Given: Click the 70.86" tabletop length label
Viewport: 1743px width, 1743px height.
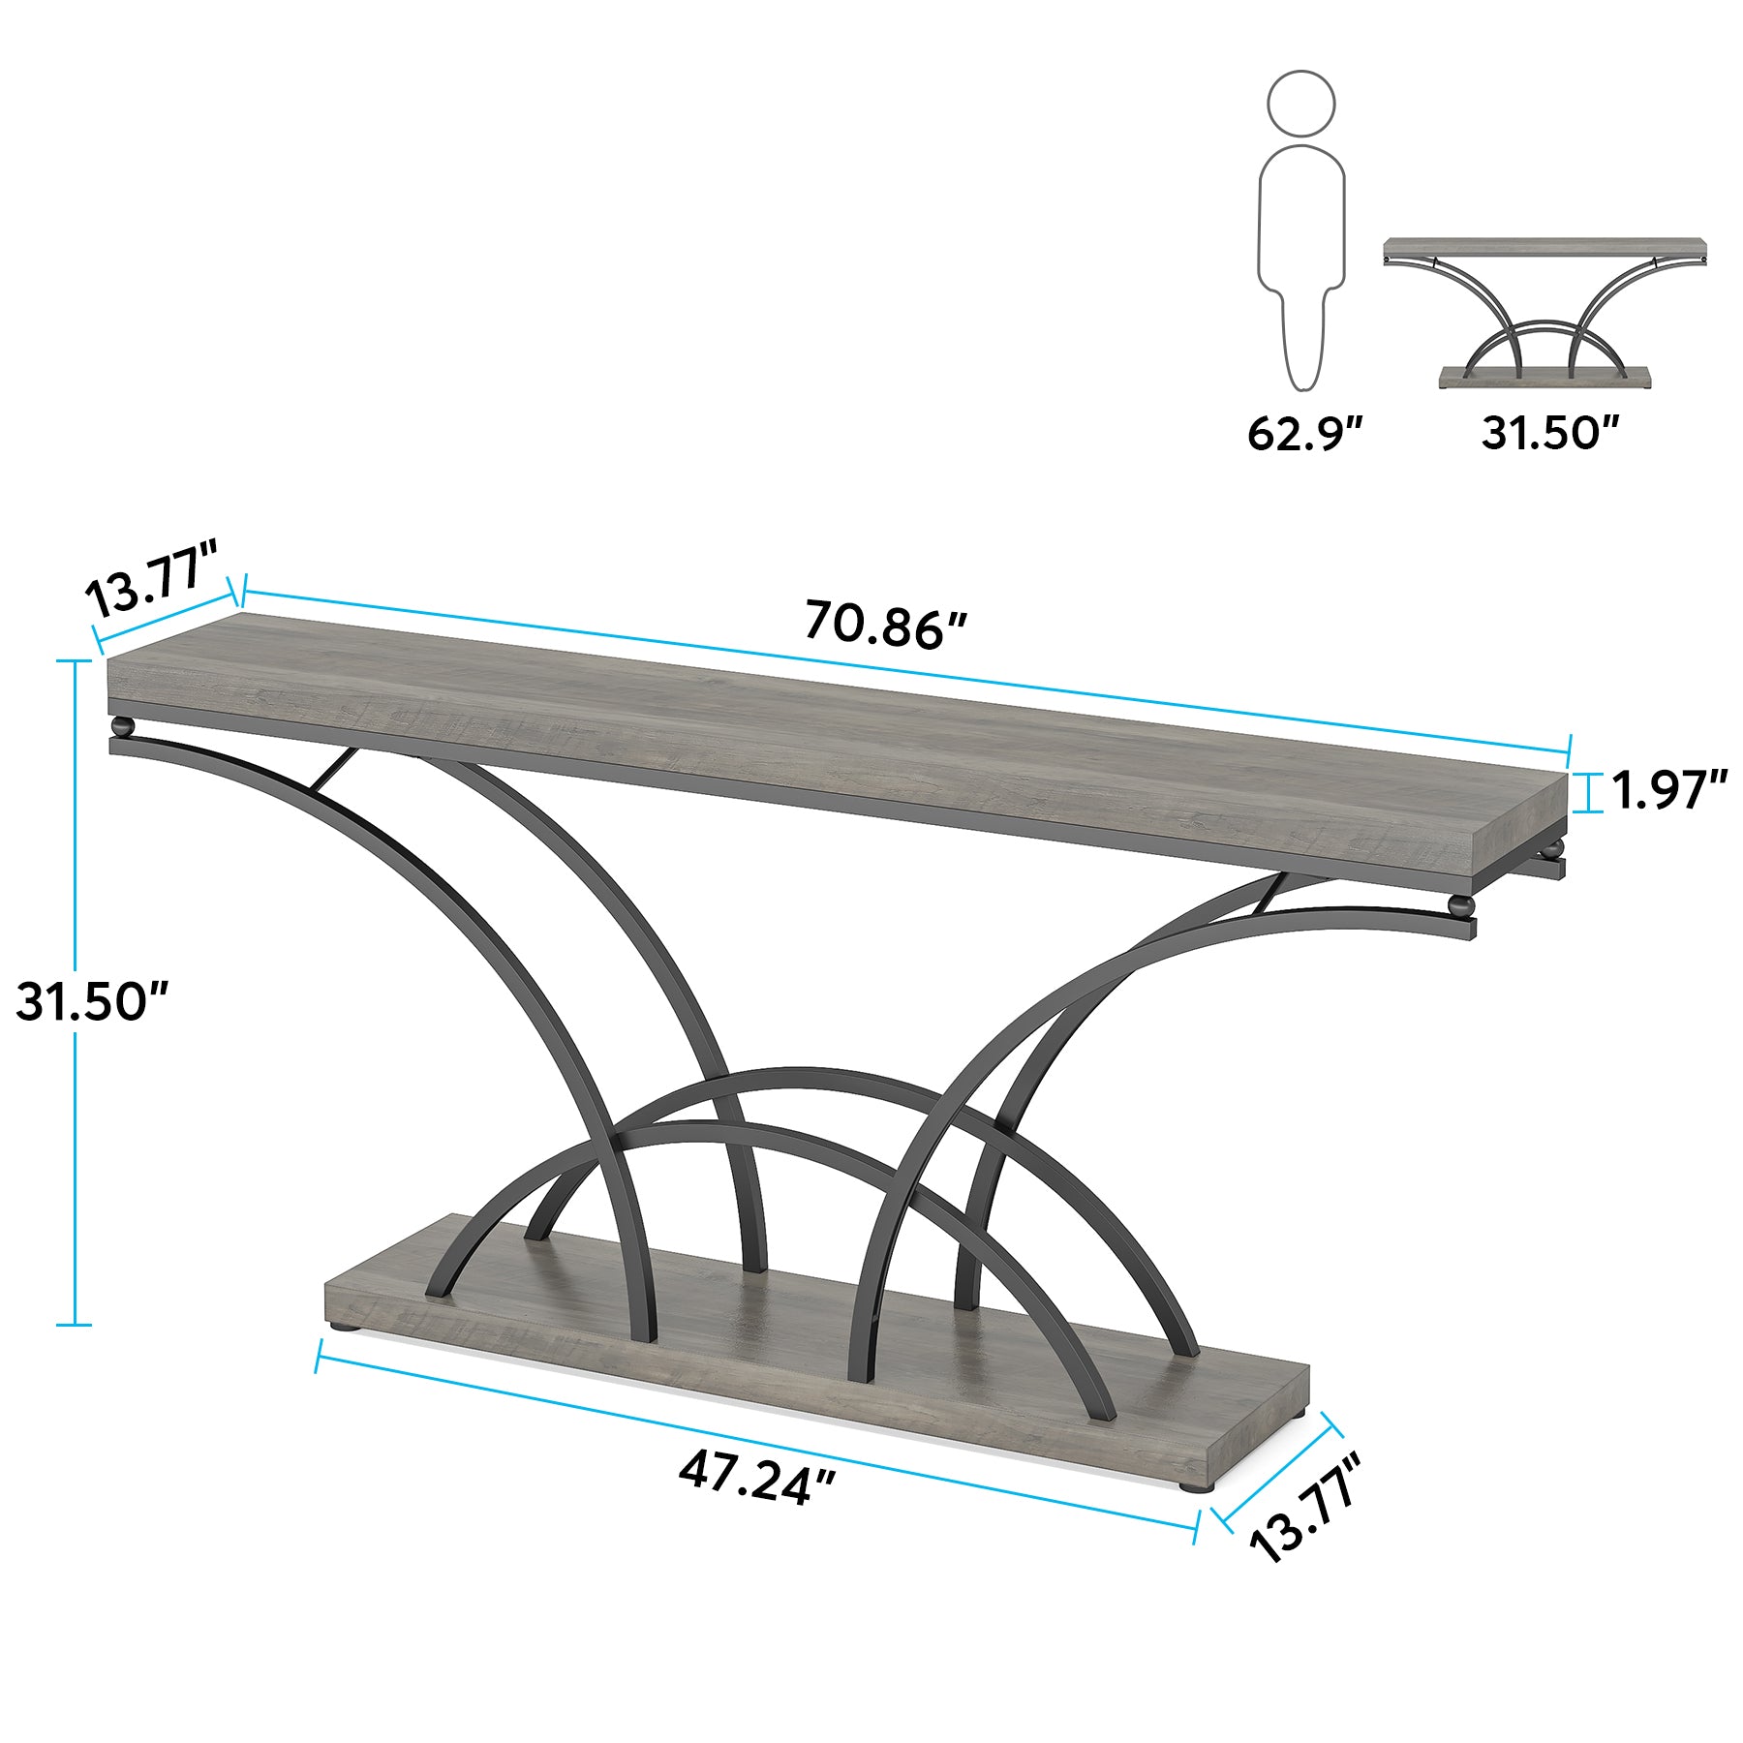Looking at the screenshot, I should pos(885,625).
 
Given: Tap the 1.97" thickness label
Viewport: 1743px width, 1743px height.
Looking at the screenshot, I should pos(1668,790).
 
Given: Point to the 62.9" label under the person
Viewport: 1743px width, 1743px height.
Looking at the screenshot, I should pos(1304,432).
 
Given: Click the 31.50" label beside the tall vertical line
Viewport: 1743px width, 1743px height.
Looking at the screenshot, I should pos(93,1000).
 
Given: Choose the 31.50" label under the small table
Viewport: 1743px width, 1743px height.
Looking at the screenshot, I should pos(1550,432).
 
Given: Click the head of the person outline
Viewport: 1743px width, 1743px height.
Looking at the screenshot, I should pos(1301,104).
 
